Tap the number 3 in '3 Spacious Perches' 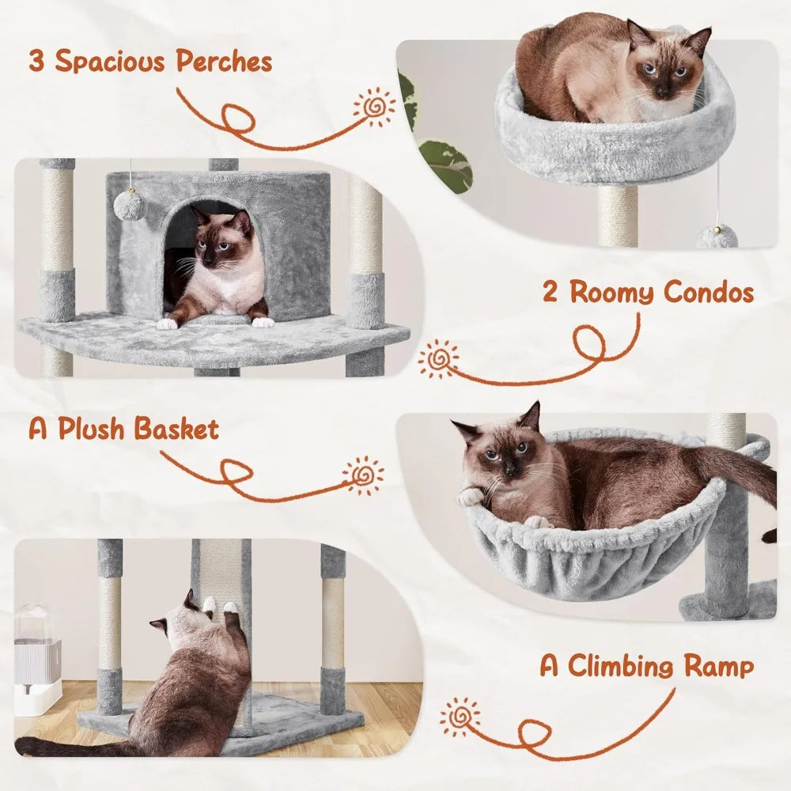(x=36, y=60)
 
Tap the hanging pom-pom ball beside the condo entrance (x=129, y=206)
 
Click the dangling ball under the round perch (x=717, y=237)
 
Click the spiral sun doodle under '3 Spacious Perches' (x=374, y=106)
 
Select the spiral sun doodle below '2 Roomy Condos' (x=438, y=359)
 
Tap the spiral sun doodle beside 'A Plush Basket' (x=364, y=475)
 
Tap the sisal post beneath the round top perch (x=617, y=215)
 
